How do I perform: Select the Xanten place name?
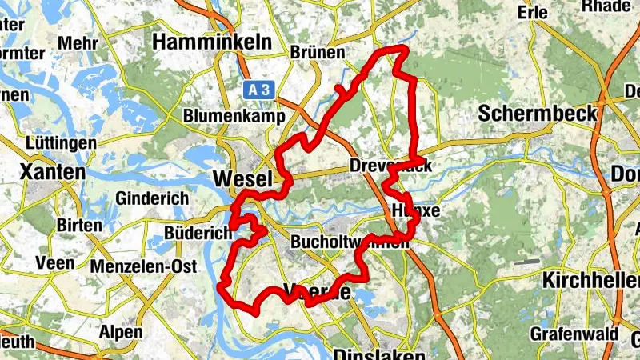(x=52, y=172)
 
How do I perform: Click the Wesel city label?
(x=243, y=179)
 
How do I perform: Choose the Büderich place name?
(x=197, y=233)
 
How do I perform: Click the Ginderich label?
(x=152, y=198)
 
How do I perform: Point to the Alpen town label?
(x=121, y=332)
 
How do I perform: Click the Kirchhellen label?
(x=590, y=280)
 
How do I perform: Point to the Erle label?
(x=555, y=13)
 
